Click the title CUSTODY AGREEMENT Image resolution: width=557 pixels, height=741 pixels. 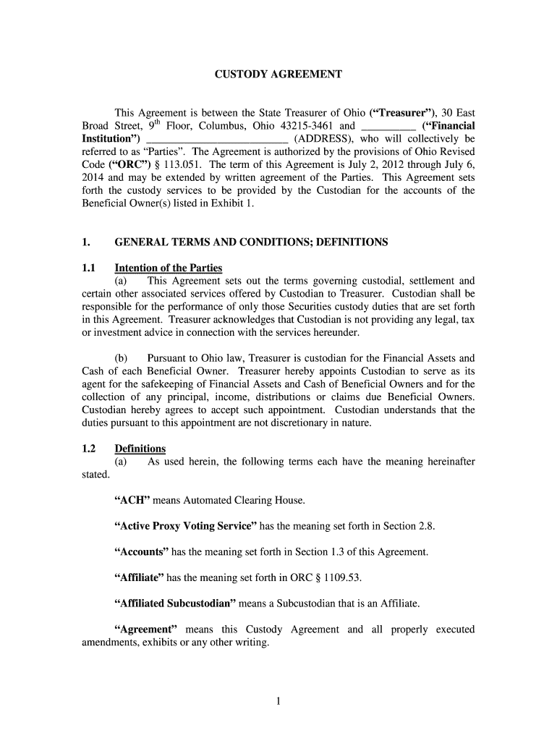point(279,75)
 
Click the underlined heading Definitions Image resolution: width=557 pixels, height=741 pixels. point(140,449)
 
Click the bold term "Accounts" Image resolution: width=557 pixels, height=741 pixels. point(141,552)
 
